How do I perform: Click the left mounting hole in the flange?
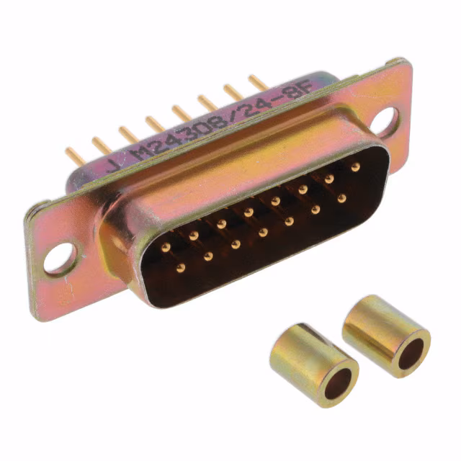[x=59, y=259]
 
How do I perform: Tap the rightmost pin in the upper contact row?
[x=355, y=166]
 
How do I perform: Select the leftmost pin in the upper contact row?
[x=166, y=246]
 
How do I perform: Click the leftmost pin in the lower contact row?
[x=181, y=267]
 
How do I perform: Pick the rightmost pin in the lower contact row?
[x=341, y=197]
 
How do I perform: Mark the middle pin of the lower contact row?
[x=263, y=232]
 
